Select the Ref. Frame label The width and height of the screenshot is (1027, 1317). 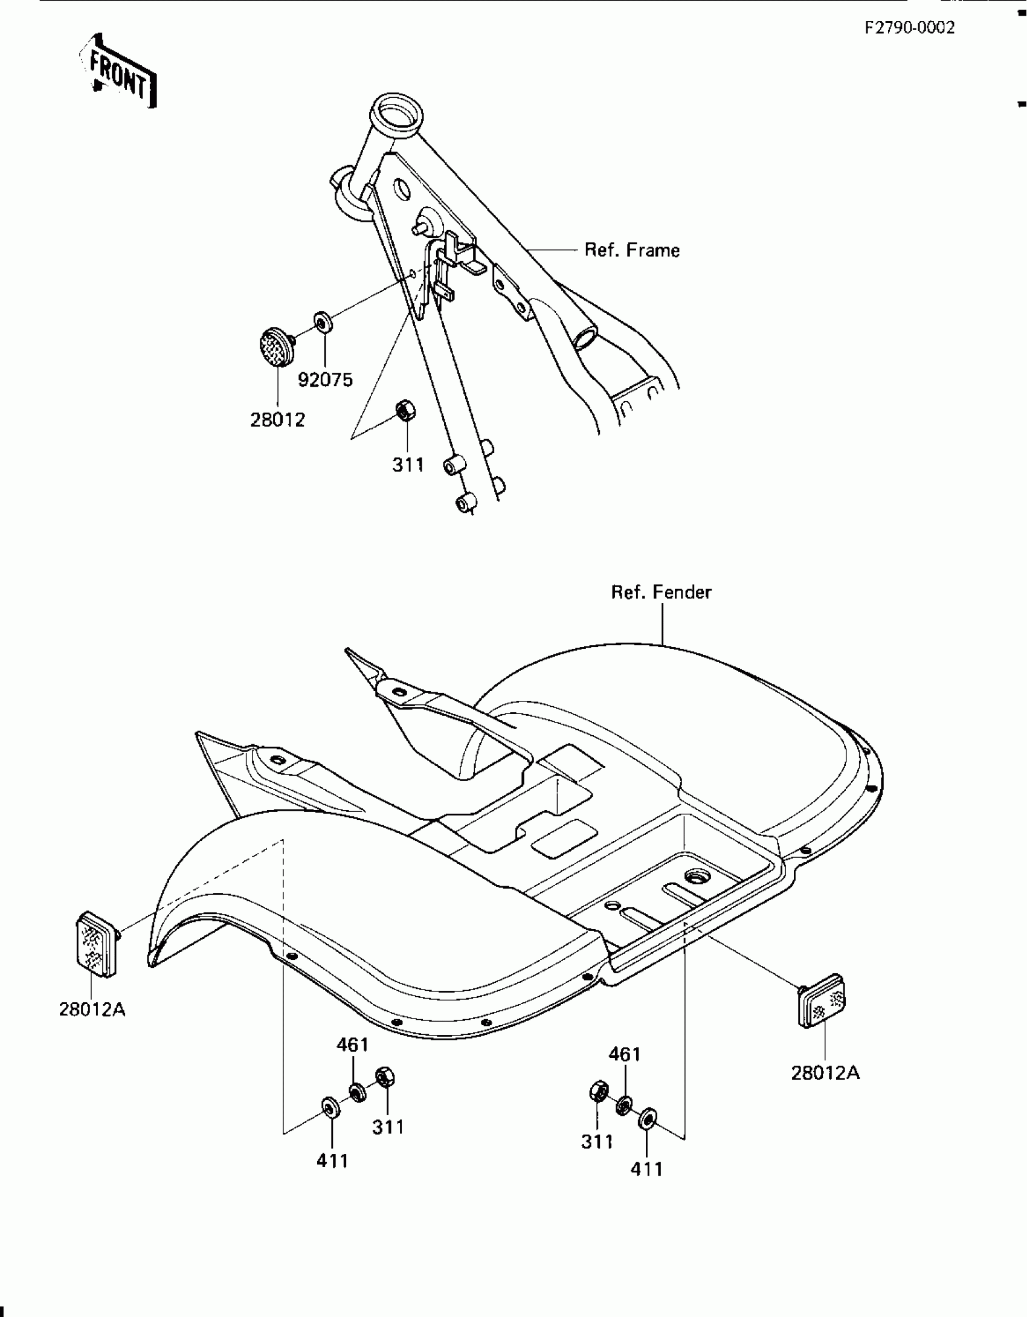631,250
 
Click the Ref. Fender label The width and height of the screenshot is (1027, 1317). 661,592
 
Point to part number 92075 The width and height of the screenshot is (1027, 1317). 325,380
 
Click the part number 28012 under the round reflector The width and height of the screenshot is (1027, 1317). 277,419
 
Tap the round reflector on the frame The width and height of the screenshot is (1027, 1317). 272,347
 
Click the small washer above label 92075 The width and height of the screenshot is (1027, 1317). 323,321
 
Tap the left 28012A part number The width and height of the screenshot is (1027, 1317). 92,1009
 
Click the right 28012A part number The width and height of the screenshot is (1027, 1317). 825,1072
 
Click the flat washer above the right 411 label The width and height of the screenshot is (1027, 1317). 648,1118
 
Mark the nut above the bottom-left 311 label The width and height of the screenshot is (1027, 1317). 384,1077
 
